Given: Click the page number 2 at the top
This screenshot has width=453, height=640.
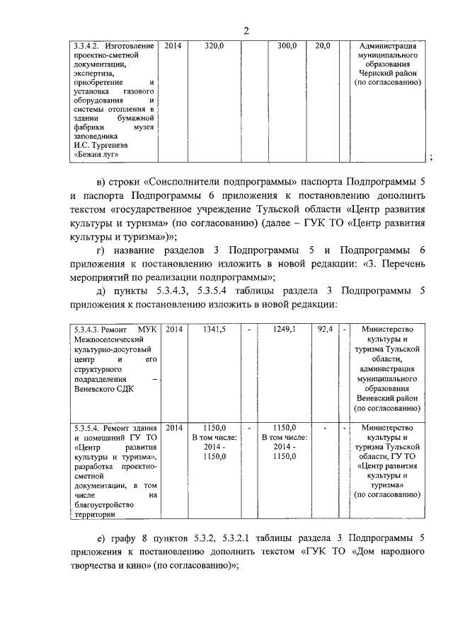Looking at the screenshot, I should click(x=246, y=30).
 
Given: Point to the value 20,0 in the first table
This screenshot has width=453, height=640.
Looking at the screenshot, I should click(x=322, y=45).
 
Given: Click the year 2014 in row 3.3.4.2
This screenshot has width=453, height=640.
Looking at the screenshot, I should click(x=173, y=45).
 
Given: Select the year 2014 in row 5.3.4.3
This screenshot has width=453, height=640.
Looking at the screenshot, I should click(x=173, y=330).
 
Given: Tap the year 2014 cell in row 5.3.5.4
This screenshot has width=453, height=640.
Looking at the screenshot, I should click(x=173, y=428).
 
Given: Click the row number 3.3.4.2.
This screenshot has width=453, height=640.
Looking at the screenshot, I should click(x=88, y=45).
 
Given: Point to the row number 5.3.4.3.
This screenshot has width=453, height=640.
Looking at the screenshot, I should click(x=88, y=330).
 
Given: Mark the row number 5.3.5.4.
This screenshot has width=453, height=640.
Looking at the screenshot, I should click(x=88, y=428).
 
